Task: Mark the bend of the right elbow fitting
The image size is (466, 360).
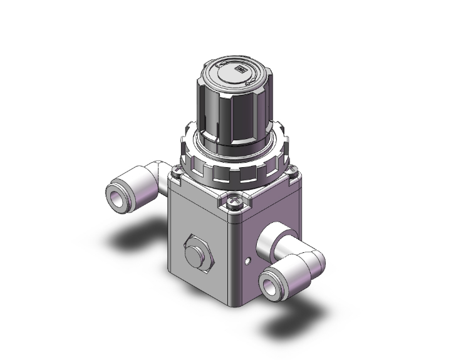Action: click(311, 256)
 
